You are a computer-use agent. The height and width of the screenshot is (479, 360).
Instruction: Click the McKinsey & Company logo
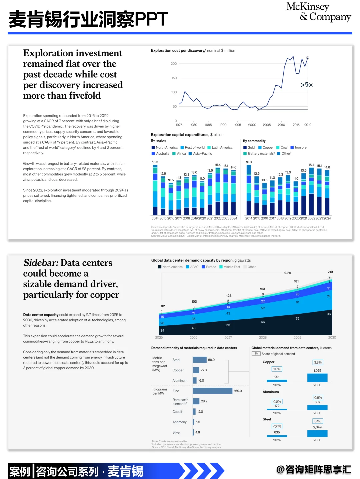(x=318, y=12)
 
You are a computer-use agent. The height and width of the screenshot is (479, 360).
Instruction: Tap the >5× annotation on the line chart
(x=306, y=85)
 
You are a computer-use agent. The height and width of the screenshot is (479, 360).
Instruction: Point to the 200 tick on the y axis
(x=174, y=64)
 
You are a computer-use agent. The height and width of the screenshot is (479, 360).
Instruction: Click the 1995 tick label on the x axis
(x=237, y=125)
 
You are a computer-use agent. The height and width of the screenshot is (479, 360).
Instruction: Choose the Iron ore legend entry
(x=300, y=148)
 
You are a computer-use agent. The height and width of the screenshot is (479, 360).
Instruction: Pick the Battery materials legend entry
(x=261, y=154)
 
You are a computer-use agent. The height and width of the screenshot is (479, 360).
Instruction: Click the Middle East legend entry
(x=232, y=267)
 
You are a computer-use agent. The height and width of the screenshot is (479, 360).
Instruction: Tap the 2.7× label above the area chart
(x=287, y=273)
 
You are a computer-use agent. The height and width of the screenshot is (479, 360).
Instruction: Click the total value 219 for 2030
(x=330, y=272)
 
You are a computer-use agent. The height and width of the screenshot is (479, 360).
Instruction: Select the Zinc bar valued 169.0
(x=212, y=391)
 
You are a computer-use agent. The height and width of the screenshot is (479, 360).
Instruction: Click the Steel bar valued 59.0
(x=200, y=360)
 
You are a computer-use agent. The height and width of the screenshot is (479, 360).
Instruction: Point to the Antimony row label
(x=179, y=422)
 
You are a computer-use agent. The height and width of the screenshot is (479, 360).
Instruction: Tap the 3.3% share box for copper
(x=318, y=363)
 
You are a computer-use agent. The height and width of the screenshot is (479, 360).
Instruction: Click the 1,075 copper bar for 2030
(x=317, y=378)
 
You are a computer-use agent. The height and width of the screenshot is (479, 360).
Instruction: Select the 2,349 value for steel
(x=317, y=427)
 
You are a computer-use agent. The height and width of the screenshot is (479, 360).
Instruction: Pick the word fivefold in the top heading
(x=85, y=96)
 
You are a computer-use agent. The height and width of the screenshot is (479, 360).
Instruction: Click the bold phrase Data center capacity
(x=41, y=315)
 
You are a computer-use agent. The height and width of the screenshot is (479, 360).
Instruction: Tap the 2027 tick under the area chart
(x=228, y=338)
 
